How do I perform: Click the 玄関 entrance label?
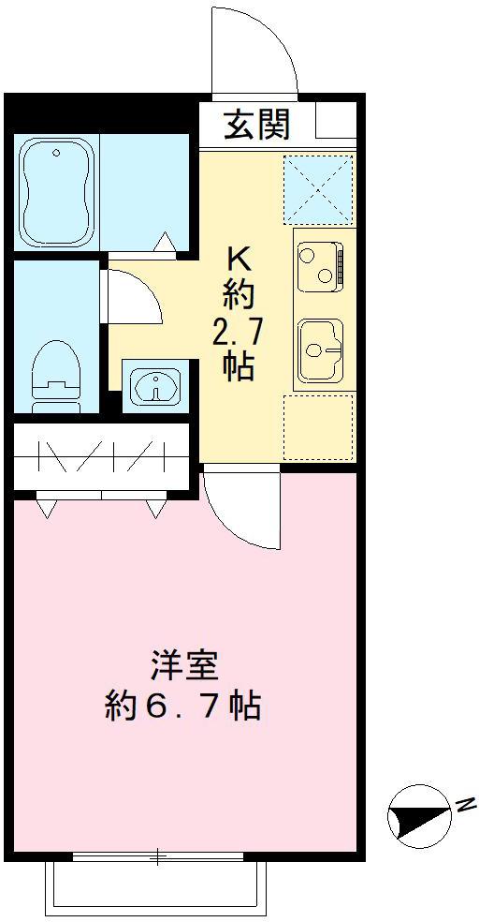(x=255, y=124)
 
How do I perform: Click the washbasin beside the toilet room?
(x=153, y=384)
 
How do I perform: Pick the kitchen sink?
(x=318, y=350)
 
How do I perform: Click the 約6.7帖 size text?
(x=183, y=706)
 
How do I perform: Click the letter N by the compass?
(x=465, y=803)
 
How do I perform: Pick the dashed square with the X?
(x=318, y=187)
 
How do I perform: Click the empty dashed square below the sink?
(x=318, y=427)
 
